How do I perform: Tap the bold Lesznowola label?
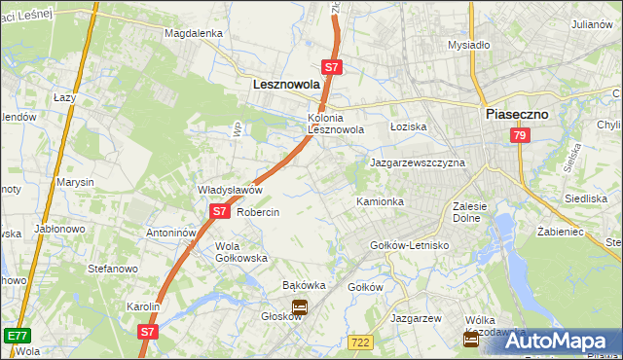(x=286, y=85)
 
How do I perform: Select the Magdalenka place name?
(x=194, y=32)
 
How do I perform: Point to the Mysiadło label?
(x=468, y=45)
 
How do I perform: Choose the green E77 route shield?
(x=16, y=335)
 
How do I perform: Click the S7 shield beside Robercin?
(x=218, y=211)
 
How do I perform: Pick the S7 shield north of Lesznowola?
(x=332, y=67)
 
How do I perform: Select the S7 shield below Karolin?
(x=147, y=332)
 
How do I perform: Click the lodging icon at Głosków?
(x=299, y=307)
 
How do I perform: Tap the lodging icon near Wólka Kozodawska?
(x=471, y=339)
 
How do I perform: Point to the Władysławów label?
(x=231, y=190)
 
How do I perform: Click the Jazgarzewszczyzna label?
(x=418, y=162)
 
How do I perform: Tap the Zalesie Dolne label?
(x=475, y=212)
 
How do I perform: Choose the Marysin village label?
(x=75, y=182)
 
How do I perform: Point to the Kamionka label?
(x=380, y=201)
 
